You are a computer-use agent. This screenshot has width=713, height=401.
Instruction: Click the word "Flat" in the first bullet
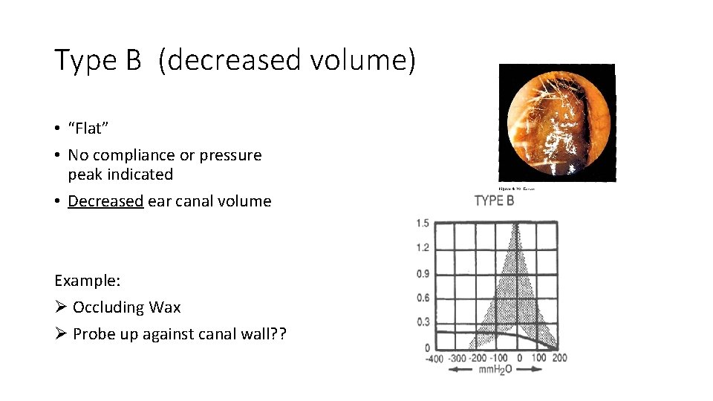click(88, 128)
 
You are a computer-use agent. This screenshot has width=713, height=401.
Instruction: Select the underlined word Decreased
click(105, 201)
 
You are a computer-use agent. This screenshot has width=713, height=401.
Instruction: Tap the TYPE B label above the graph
click(494, 200)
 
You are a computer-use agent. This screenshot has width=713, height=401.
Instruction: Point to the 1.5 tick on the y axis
click(423, 224)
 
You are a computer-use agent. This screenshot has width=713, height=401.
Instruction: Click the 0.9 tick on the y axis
click(423, 274)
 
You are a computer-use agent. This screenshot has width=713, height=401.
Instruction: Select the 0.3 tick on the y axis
click(423, 322)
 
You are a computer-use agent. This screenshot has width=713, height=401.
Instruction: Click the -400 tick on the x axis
click(434, 359)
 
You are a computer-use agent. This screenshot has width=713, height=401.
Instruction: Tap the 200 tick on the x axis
click(559, 358)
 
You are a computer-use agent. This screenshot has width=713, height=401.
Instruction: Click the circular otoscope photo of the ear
click(557, 123)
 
